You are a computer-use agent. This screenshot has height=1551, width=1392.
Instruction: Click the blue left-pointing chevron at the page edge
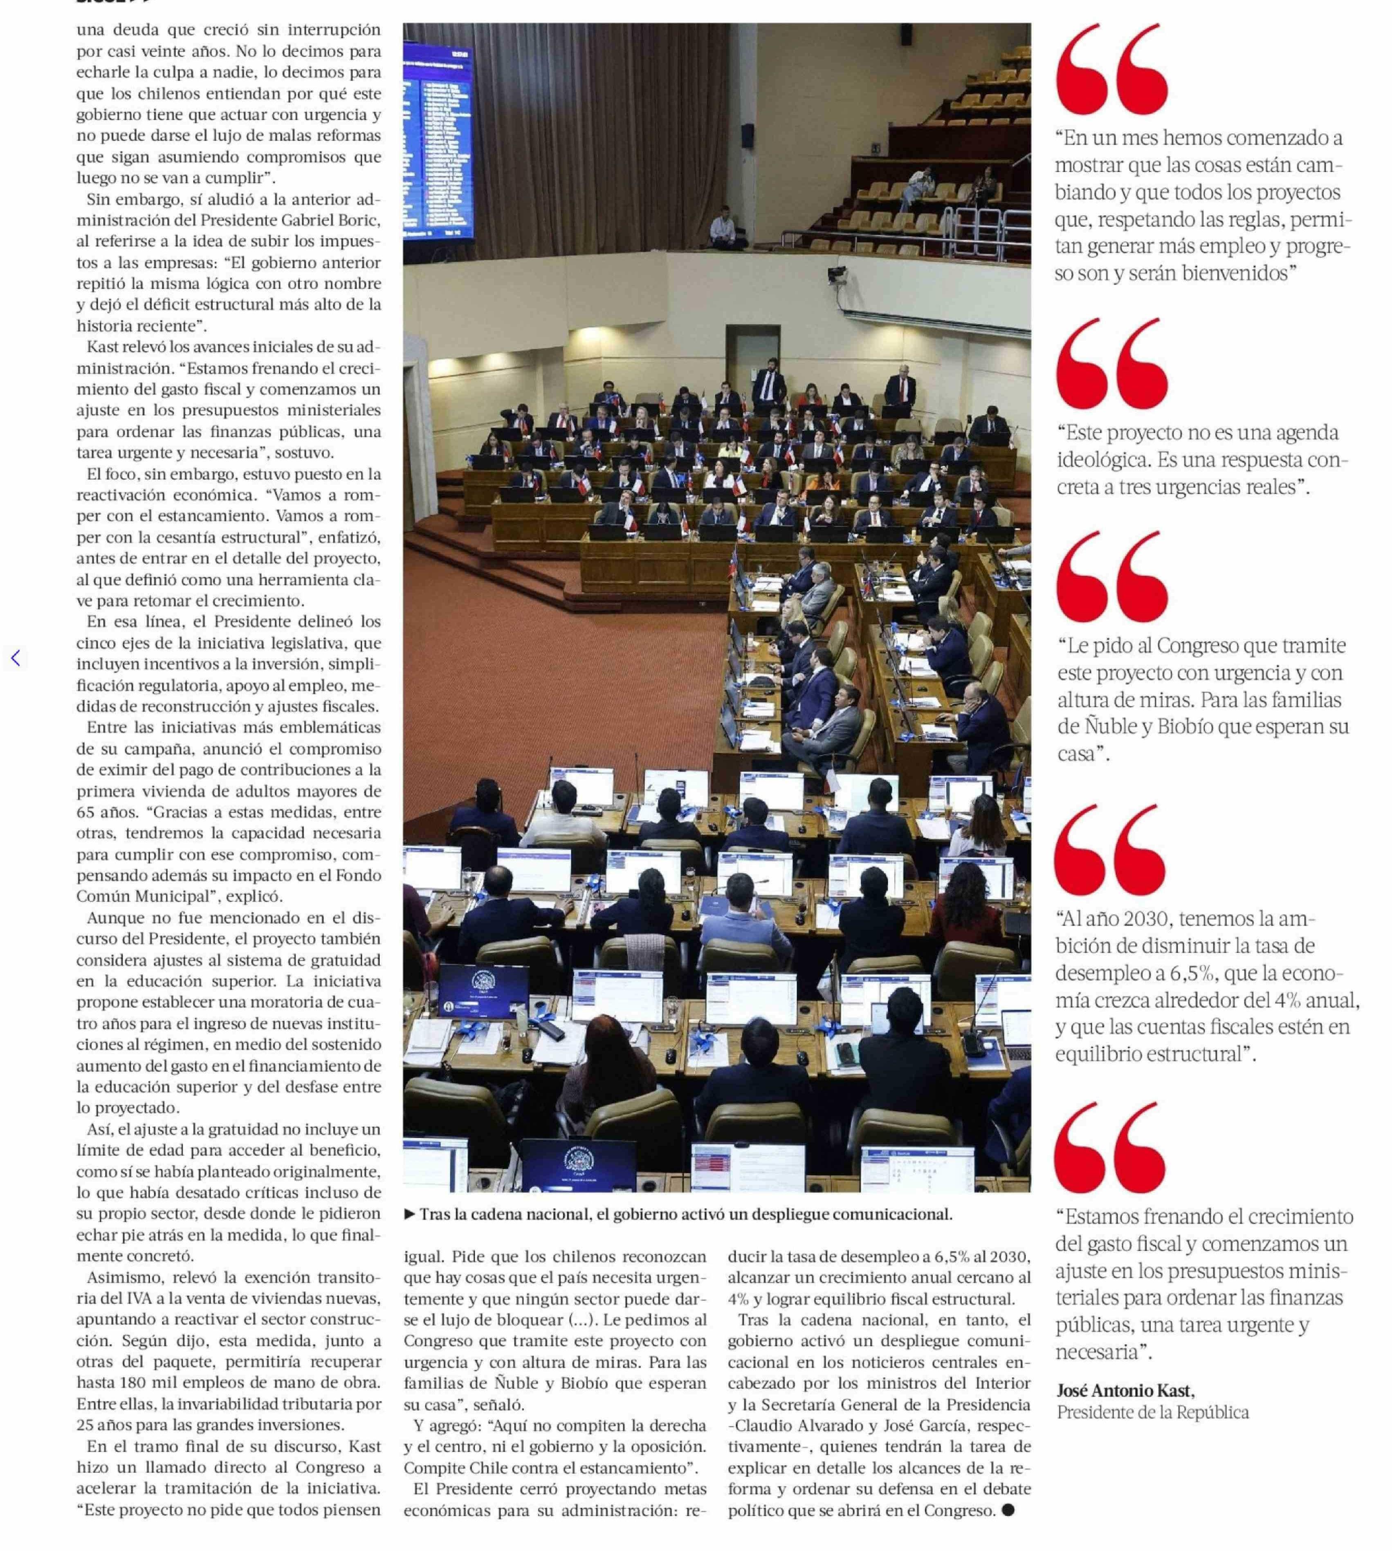pyautogui.click(x=15, y=658)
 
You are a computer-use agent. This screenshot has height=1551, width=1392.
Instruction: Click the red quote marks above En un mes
pyautogui.click(x=1111, y=70)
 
